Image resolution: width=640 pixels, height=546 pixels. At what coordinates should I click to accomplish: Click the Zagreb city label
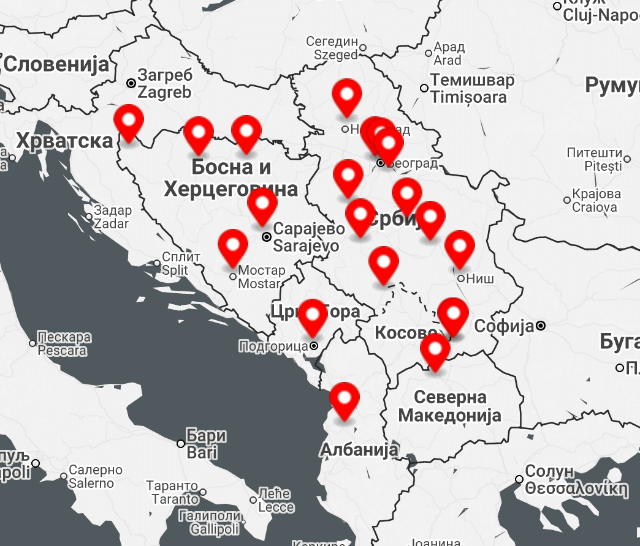click(x=164, y=84)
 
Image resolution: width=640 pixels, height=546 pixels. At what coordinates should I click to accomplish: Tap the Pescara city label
click(x=64, y=344)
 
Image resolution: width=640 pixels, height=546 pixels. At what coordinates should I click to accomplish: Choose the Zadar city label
click(x=112, y=217)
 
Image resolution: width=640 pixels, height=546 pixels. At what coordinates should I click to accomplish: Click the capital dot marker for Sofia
click(x=541, y=326)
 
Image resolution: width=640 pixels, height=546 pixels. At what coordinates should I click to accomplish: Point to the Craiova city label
click(x=594, y=200)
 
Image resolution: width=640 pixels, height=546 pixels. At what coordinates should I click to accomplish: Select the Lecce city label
click(x=275, y=500)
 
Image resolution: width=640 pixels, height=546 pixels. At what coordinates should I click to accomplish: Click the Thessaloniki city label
click(x=576, y=481)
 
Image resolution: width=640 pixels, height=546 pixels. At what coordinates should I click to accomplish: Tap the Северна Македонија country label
click(x=450, y=406)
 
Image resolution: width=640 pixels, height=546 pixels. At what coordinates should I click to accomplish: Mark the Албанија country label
click(x=359, y=450)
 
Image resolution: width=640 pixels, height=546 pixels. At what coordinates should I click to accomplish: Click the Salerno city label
click(x=91, y=477)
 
